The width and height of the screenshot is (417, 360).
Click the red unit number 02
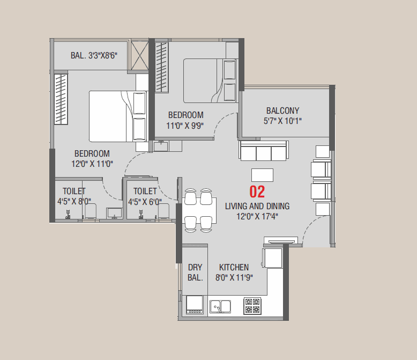tap(257, 192)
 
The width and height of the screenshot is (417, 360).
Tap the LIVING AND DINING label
tap(257, 206)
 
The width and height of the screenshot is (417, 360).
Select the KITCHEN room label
tap(234, 267)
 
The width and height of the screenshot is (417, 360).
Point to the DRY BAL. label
tap(195, 272)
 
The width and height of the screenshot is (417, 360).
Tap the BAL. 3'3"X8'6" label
tap(94, 55)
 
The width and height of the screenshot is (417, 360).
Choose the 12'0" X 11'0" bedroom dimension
tap(92, 164)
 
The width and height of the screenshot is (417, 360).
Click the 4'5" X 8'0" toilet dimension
tap(74, 201)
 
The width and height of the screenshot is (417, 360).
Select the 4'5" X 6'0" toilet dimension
tap(145, 201)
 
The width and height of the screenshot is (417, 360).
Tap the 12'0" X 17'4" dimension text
tap(257, 216)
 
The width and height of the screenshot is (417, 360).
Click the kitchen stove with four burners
tap(252, 306)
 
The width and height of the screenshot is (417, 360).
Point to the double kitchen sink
tap(220, 306)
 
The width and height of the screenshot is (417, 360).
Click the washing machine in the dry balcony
tap(195, 304)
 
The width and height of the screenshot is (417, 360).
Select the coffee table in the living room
tap(262, 175)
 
